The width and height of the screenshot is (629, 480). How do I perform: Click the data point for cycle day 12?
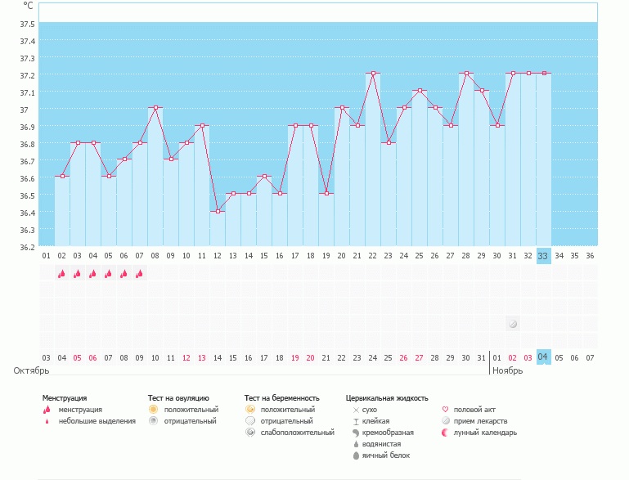[x=218, y=211]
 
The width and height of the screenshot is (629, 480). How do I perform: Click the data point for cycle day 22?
[x=373, y=73]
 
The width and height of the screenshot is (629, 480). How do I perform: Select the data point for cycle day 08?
[x=155, y=107]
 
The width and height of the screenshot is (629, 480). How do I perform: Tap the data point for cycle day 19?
[x=326, y=194]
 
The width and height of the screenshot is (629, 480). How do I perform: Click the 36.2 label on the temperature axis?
[x=27, y=247]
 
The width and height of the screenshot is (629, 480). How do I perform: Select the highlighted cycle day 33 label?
[x=543, y=256]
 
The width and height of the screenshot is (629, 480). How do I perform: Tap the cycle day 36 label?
[x=590, y=256]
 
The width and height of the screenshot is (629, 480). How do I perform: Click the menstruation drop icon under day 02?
[x=61, y=274]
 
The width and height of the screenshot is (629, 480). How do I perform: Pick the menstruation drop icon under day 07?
[x=139, y=274]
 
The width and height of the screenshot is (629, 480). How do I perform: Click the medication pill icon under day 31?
[x=513, y=324]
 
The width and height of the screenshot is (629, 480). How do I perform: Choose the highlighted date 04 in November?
[x=543, y=357]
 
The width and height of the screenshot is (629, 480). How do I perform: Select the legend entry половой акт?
[x=474, y=409]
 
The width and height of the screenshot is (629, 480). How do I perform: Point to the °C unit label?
[x=28, y=5]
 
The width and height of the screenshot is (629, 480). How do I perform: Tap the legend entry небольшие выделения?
[x=97, y=420]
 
